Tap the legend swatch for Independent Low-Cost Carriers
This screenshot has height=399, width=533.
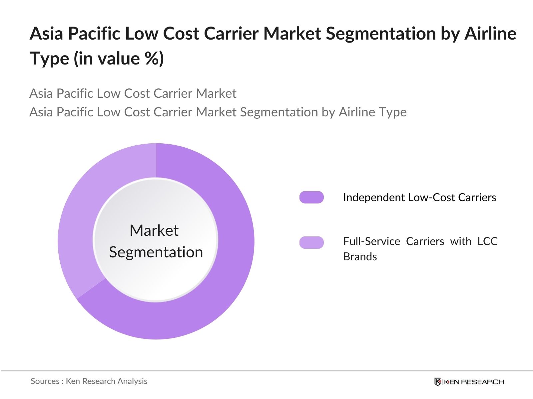tap(311, 197)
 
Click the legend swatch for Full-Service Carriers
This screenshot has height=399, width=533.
tap(311, 242)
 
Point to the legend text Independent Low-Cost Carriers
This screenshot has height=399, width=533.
tap(420, 198)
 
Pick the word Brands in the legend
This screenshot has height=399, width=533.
tap(360, 257)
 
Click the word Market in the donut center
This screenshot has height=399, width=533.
tap(154, 230)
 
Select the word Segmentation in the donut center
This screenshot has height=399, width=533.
tap(156, 252)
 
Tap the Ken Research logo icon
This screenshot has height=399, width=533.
tap(438, 382)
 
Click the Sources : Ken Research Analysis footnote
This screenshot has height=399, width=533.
tap(89, 381)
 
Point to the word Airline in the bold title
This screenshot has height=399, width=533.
tap(490, 34)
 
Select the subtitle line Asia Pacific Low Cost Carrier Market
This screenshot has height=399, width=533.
tap(133, 93)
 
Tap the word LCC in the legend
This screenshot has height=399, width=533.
tap(488, 241)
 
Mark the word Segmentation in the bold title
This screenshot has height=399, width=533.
tap(381, 34)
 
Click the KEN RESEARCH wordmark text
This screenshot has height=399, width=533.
tap(474, 382)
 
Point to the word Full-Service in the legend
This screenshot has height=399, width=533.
tap(371, 241)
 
